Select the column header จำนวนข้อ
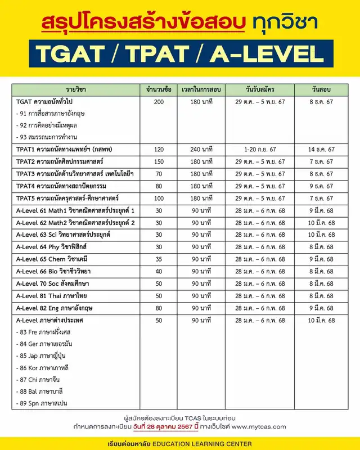click(x=158, y=89)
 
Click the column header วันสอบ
click(x=321, y=89)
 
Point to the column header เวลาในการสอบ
click(x=200, y=89)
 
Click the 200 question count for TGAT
click(x=158, y=102)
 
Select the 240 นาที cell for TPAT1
click(x=200, y=149)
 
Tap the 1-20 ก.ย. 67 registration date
click(x=260, y=149)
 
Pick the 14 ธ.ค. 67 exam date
click(x=321, y=149)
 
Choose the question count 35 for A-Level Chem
click(x=158, y=259)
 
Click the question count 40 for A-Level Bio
click(x=158, y=271)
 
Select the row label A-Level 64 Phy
click(x=51, y=246)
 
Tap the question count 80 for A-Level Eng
click(x=158, y=308)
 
